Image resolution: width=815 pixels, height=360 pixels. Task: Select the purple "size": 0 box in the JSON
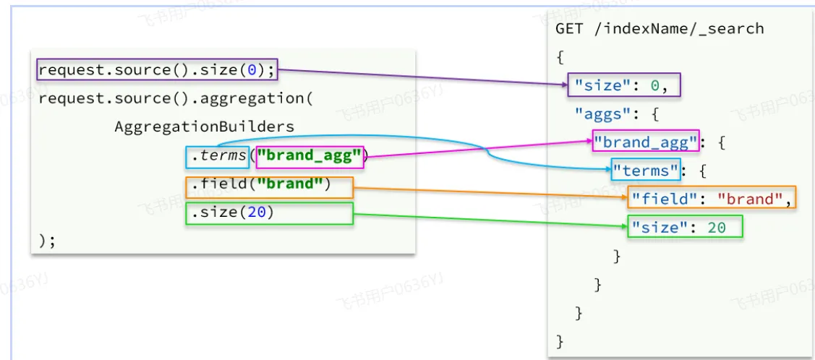tap(624, 85)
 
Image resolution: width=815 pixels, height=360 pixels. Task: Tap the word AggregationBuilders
tap(205, 127)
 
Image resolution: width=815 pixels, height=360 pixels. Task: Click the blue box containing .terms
tap(218, 155)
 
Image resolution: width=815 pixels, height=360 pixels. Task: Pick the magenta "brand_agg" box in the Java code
tap(310, 155)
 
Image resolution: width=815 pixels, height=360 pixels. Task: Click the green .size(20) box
tap(269, 213)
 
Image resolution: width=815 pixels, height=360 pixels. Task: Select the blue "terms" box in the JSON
tap(646, 171)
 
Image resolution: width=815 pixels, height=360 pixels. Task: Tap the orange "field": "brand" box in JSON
tap(711, 199)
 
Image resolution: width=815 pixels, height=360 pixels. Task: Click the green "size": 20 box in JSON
tap(684, 227)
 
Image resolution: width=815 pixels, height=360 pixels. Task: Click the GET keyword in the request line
tap(569, 29)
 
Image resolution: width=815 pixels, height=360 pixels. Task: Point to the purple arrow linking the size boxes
tap(419, 77)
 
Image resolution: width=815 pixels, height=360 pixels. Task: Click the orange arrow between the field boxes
tap(492, 192)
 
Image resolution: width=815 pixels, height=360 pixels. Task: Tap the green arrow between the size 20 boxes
tap(492, 220)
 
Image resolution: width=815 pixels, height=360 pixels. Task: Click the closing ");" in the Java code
tap(46, 240)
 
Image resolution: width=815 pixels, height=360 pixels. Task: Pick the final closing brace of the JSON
tap(560, 340)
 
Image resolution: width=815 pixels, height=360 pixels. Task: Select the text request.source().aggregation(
tap(175, 98)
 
